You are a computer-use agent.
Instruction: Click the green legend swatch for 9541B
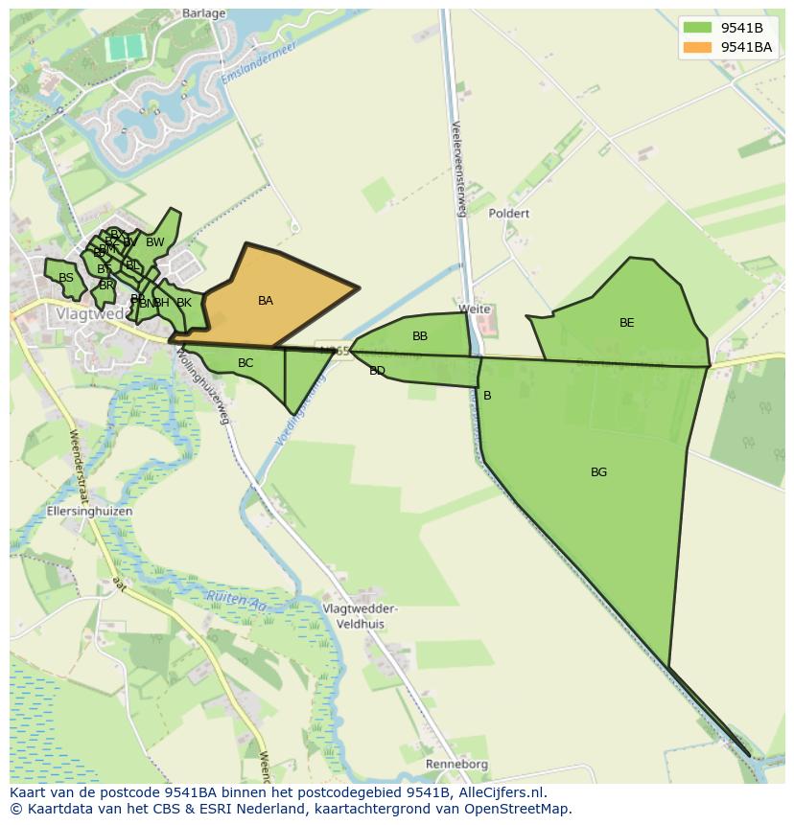tap(699, 28)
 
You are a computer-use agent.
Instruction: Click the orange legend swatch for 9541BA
tap(699, 47)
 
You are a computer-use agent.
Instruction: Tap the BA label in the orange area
tap(266, 301)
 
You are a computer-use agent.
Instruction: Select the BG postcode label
tap(598, 472)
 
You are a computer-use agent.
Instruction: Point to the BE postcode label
tap(626, 323)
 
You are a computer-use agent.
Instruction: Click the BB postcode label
tap(420, 336)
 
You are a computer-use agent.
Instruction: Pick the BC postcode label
tap(245, 363)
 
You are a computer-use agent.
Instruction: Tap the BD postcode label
tap(377, 371)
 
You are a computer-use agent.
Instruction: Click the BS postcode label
tap(66, 278)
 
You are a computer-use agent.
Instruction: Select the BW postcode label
tap(155, 242)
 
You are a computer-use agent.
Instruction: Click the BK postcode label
tap(184, 303)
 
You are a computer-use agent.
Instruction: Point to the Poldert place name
tap(508, 214)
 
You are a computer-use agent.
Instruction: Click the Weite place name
tap(475, 309)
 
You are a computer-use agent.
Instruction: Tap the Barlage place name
tap(204, 13)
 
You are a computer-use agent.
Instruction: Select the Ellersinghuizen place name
tap(90, 512)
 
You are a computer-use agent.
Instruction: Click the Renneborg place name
tap(457, 765)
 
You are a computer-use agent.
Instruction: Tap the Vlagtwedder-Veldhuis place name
tap(360, 616)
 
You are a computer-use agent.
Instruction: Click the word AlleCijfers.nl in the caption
tap(499, 792)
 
